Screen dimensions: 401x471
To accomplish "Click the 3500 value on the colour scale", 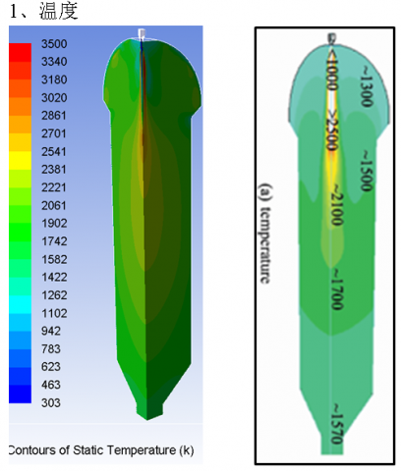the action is [54, 44].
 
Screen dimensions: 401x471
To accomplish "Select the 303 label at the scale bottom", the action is [51, 402].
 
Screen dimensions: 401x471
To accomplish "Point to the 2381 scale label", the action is [54, 170].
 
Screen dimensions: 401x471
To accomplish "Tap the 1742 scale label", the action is [54, 241].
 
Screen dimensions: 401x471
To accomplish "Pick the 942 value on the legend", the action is [51, 331].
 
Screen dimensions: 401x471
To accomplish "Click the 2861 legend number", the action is [54, 116].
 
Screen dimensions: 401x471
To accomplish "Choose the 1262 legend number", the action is [54, 295].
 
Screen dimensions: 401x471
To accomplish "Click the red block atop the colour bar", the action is [20, 52].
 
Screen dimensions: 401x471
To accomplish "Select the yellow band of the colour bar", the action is [20, 160].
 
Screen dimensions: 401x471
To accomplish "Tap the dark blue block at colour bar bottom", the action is [20, 393].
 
